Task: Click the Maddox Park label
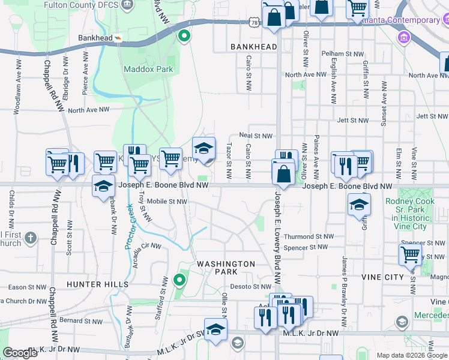click(x=148, y=69)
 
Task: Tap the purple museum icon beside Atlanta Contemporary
click(x=403, y=38)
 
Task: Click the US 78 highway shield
click(x=256, y=22)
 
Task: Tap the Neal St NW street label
click(x=256, y=136)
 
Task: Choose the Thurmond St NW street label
click(x=309, y=237)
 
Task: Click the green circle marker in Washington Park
click(x=179, y=280)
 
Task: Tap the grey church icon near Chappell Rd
click(x=31, y=239)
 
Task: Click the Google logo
click(x=20, y=353)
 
